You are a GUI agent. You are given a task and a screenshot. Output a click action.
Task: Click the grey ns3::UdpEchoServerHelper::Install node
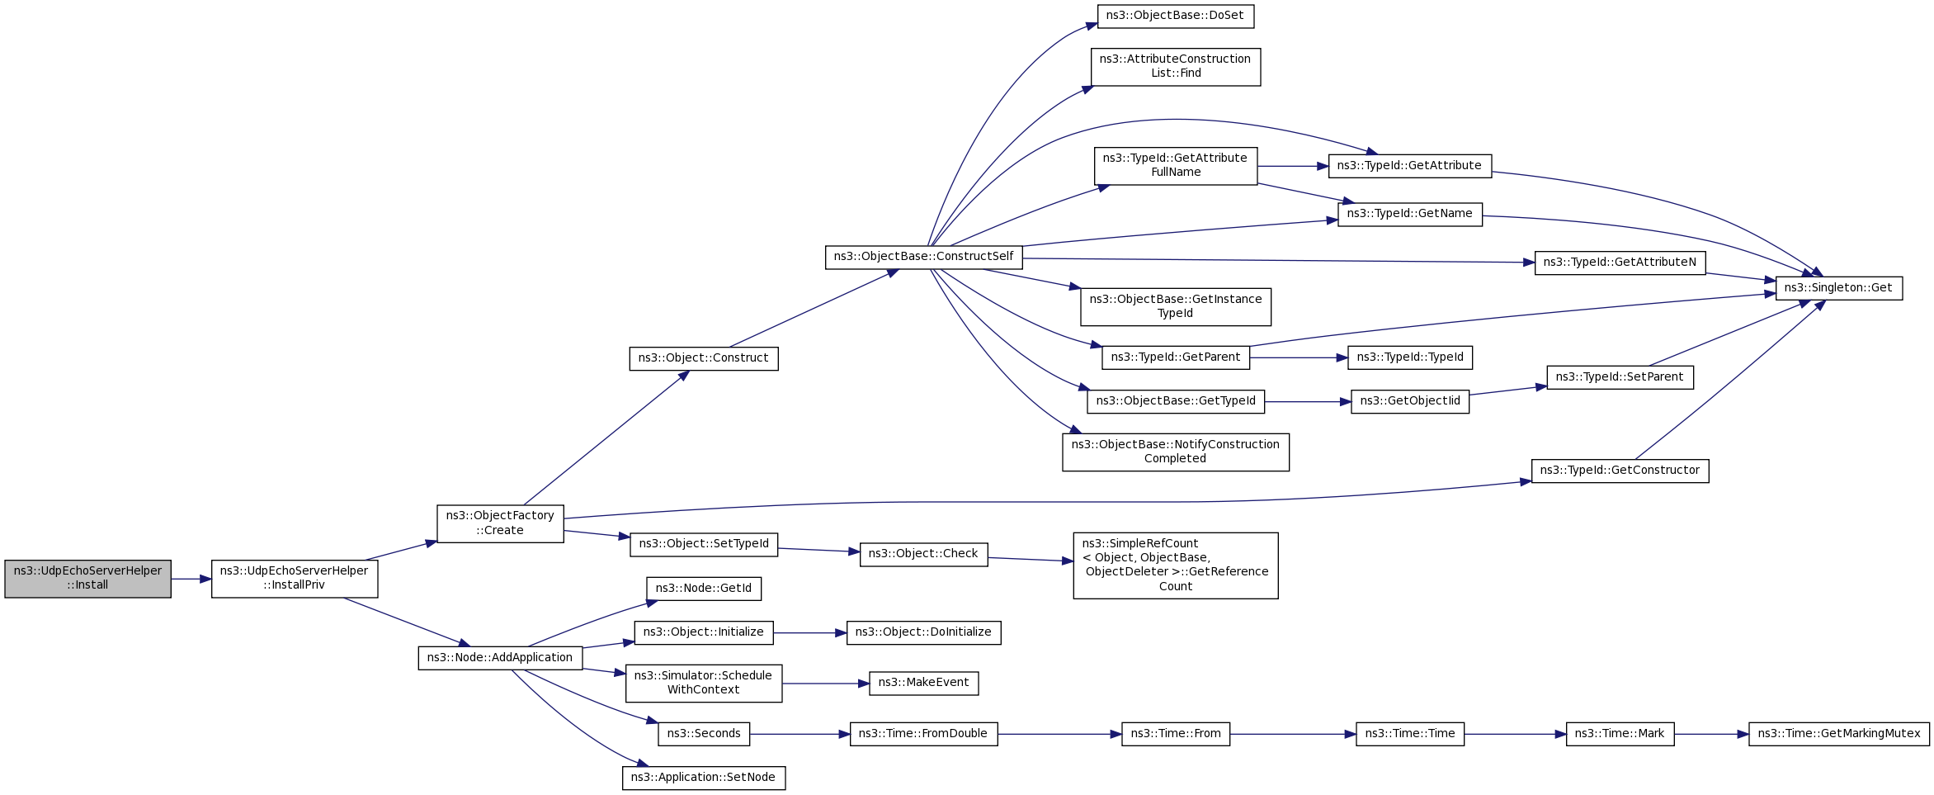coord(88,579)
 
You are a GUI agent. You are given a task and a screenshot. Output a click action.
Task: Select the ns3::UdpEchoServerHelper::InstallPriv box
coord(295,579)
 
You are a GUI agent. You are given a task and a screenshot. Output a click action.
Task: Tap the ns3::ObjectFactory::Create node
coord(500,523)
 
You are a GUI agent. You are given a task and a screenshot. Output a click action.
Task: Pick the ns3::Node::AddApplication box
coord(500,658)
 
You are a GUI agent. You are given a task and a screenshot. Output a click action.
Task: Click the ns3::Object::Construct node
coord(704,358)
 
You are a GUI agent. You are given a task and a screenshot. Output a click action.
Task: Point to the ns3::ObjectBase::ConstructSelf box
coord(924,257)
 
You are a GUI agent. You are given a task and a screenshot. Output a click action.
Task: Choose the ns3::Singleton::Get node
coord(1839,288)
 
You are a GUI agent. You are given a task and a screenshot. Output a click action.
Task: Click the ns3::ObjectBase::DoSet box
coord(1176,16)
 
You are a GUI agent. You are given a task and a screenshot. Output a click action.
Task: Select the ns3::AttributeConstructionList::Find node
coord(1176,66)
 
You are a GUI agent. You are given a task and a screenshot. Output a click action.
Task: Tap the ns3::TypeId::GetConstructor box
coord(1620,471)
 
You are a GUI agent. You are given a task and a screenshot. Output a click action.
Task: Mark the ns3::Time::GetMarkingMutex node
coord(1839,734)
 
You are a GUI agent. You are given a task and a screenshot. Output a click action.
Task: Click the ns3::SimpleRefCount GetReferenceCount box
coord(1176,565)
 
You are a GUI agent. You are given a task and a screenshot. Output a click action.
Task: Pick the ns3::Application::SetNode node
coord(704,778)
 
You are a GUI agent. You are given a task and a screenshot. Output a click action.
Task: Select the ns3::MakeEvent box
coord(924,683)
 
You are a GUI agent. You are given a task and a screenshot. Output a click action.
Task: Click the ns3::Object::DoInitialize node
coord(924,632)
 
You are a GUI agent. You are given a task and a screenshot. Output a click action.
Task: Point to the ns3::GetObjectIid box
coord(1410,401)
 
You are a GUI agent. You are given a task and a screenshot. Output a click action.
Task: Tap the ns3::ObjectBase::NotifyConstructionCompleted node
coord(1176,452)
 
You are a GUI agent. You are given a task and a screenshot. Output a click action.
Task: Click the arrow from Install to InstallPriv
coord(191,580)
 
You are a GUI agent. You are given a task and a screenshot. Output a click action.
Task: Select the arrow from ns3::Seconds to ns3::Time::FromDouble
coord(800,734)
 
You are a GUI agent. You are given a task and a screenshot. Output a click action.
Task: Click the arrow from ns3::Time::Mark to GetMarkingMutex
coord(1712,734)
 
